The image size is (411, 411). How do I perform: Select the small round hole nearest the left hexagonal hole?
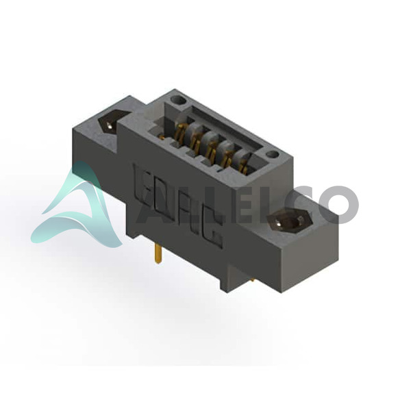click(178, 100)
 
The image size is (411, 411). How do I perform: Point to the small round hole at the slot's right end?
click(273, 155)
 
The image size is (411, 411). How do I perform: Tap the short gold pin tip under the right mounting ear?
click(252, 280)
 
